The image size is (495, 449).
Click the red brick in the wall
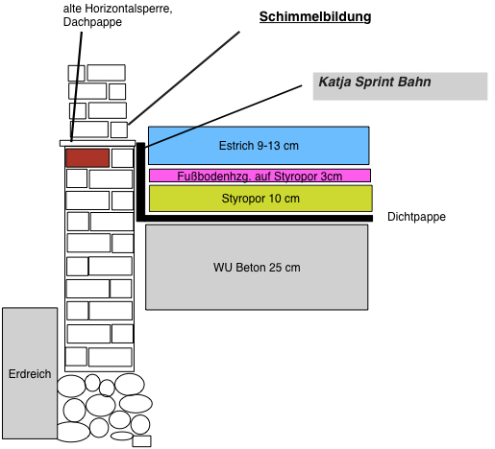coord(87,157)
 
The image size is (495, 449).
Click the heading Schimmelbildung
coord(315,16)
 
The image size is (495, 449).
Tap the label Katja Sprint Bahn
coord(375,82)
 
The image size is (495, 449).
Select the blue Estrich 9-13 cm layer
coord(259,146)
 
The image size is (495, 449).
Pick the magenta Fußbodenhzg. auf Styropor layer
coord(260,176)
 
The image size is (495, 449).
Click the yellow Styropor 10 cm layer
coord(260,199)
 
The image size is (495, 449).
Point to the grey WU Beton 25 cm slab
coord(257,268)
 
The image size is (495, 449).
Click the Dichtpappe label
coord(416,217)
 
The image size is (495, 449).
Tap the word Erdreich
coord(30,374)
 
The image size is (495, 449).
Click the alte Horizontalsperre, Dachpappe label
coord(117,15)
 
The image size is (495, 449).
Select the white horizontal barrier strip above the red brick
coord(98,143)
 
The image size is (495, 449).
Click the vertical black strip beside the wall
coord(140,181)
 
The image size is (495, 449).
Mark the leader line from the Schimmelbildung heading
coord(184,78)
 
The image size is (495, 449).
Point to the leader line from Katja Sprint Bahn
coord(223,116)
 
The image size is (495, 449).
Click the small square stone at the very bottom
coord(141,441)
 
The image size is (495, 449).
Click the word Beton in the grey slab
coord(251,268)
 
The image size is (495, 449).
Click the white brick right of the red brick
coord(122,158)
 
